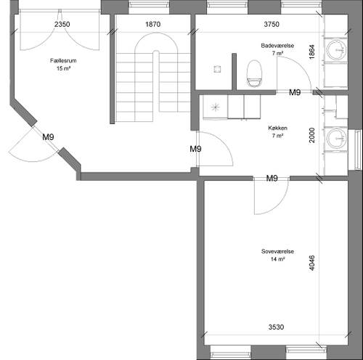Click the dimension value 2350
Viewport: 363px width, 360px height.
click(x=62, y=24)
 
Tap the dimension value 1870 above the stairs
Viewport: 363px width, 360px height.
click(x=153, y=24)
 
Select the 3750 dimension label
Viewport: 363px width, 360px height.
click(x=272, y=24)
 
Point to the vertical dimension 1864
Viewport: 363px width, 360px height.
click(x=312, y=52)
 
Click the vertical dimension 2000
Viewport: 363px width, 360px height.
click(x=312, y=135)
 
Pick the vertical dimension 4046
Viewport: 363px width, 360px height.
click(x=312, y=263)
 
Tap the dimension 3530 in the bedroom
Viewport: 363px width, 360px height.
click(x=276, y=327)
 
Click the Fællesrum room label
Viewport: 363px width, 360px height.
click(x=63, y=60)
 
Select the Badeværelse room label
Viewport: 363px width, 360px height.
click(x=277, y=46)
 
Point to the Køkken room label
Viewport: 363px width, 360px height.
click(x=277, y=128)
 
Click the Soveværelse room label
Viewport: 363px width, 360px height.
click(x=277, y=251)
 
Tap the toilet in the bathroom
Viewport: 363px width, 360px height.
click(x=254, y=73)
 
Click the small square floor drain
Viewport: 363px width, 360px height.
click(x=217, y=69)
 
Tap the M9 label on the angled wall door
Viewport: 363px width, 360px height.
click(x=48, y=137)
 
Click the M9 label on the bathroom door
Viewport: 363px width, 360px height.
click(x=295, y=92)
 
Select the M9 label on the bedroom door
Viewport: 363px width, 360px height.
click(x=272, y=179)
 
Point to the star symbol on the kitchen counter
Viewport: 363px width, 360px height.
click(x=215, y=107)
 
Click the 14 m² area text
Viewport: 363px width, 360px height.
click(x=277, y=259)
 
